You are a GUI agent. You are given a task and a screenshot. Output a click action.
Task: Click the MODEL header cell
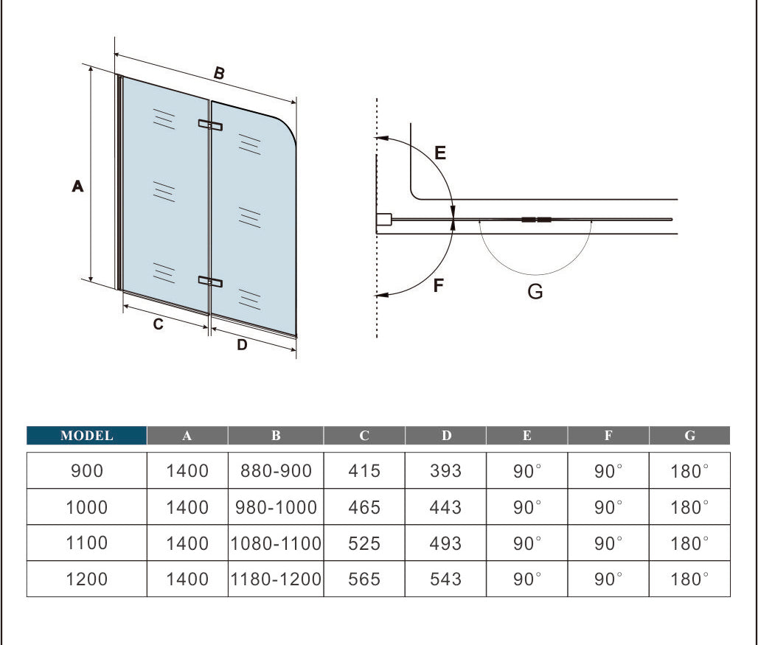87,436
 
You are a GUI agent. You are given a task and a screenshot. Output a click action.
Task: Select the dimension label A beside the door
77,187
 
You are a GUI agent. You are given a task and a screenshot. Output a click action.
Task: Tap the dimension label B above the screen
219,73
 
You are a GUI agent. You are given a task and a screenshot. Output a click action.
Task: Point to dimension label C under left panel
158,324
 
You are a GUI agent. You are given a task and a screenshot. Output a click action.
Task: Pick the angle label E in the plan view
440,153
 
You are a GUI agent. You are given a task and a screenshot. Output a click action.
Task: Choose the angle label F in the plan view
439,285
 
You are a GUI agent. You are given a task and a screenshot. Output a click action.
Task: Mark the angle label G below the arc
535,292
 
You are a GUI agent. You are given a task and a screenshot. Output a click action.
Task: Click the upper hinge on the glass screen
209,125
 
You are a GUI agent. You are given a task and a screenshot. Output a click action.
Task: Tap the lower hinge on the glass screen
209,281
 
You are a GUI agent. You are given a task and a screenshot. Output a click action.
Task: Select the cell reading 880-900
276,470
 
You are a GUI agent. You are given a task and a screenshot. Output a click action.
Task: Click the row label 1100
87,543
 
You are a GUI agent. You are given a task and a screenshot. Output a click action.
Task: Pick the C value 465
364,507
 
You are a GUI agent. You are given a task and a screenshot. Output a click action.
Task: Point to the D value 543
445,579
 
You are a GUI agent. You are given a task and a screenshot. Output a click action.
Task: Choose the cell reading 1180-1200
276,579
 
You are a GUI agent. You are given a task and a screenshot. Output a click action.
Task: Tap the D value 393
445,470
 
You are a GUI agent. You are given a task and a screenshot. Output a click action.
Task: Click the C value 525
364,543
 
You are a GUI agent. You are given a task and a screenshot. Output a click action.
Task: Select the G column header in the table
689,436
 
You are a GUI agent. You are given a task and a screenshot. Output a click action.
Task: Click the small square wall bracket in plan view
383,220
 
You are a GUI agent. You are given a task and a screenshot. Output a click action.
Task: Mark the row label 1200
87,579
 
